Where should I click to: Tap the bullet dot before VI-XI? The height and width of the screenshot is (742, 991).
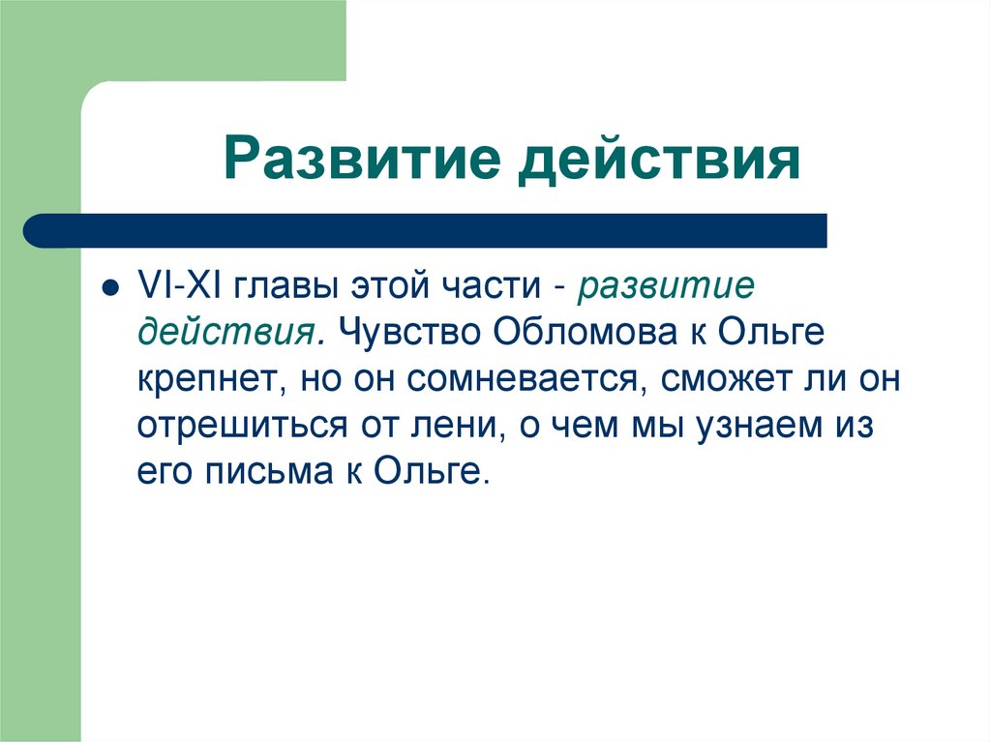(x=111, y=288)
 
